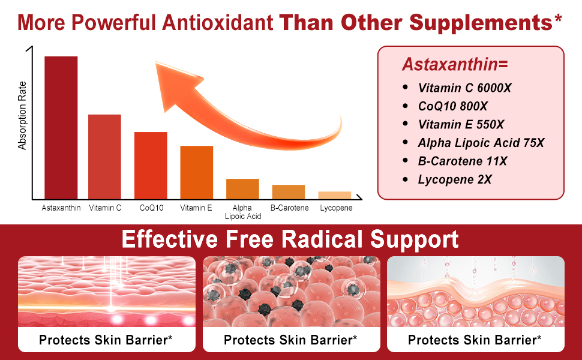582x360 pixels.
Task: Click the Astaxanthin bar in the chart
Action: coord(61,128)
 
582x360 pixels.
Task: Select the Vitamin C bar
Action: coord(104,157)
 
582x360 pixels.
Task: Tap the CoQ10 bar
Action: coord(151,166)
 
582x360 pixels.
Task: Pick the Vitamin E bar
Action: coord(197,173)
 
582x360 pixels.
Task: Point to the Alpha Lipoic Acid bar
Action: coord(243,189)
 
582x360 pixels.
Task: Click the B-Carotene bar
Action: coord(289,192)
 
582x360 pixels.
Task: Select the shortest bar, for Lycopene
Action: coord(334,195)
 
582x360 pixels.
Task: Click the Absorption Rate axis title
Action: coord(22,115)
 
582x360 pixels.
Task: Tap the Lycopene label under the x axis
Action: coord(336,208)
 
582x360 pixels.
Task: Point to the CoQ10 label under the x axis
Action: coord(151,208)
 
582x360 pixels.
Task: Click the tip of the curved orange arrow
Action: coord(155,62)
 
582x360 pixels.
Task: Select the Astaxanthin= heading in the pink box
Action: coord(455,64)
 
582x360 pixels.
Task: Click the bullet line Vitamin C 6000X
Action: coord(464,88)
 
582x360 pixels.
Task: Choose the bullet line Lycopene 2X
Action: coord(455,179)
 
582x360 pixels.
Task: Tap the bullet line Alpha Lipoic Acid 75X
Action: coord(481,143)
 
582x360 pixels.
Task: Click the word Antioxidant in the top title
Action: coord(218,22)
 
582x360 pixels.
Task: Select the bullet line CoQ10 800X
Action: coord(452,107)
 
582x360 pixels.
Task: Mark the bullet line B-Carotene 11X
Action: coord(463,161)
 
